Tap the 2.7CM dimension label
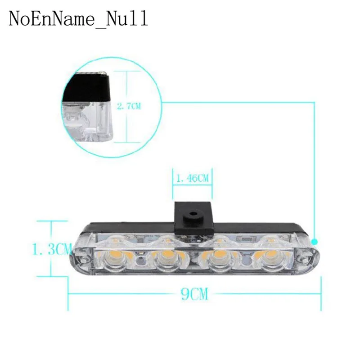(x=129, y=107)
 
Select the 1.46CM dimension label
(x=193, y=178)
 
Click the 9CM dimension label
(x=194, y=294)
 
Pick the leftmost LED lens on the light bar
(x=115, y=261)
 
